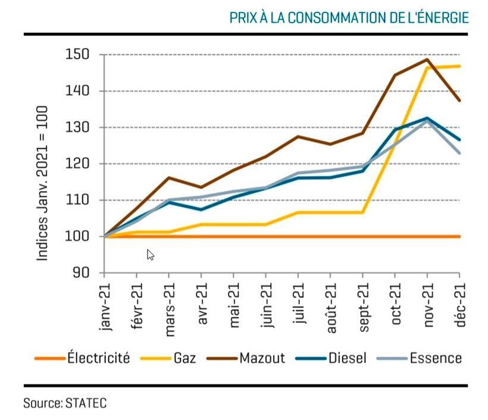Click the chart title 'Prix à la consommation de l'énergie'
click(x=349, y=18)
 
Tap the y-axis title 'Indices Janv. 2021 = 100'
click(x=43, y=183)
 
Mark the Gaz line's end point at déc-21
click(x=459, y=66)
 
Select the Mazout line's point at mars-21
click(x=169, y=177)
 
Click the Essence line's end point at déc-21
click(x=459, y=153)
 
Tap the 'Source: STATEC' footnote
click(x=65, y=403)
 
